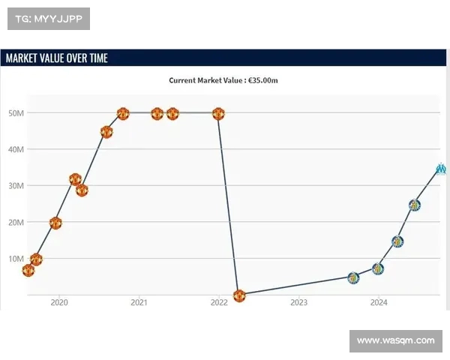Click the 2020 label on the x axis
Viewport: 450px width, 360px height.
pos(58,303)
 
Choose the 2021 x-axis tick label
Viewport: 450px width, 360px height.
pos(139,303)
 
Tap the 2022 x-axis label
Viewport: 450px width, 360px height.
pos(219,303)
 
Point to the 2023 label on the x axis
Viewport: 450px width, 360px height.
pos(298,303)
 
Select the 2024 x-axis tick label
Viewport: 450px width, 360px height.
pos(379,303)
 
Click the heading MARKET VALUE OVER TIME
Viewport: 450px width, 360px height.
pos(56,58)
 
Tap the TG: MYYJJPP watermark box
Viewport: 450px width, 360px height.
pos(49,19)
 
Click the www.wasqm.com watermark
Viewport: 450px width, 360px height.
pos(395,341)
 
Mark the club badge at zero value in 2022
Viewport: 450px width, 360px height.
pos(239,295)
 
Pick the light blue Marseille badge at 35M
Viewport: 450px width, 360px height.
pos(441,169)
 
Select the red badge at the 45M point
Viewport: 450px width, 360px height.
pos(106,132)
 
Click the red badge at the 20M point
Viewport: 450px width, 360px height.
pos(55,223)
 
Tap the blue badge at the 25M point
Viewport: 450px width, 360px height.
pos(414,205)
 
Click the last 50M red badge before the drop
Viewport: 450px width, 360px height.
pos(218,114)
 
